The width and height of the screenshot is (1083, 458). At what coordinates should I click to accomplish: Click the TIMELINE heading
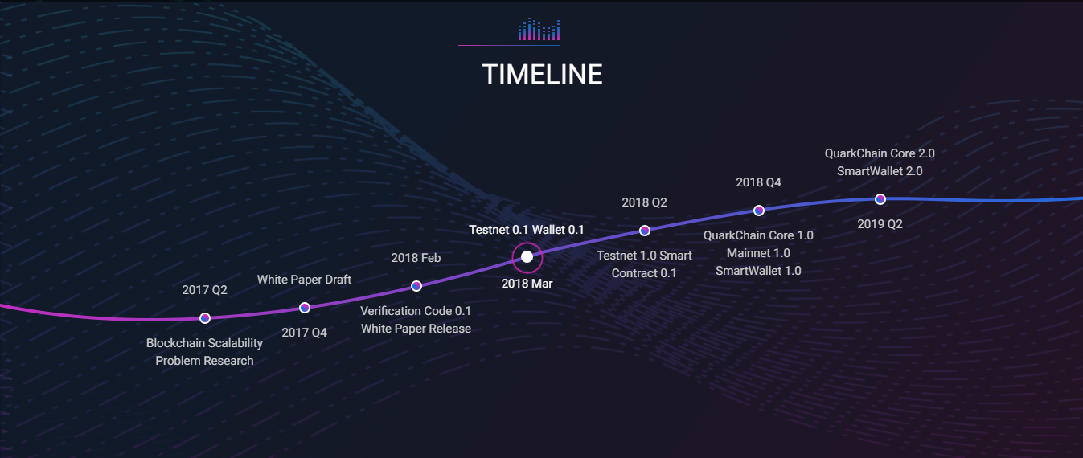coord(542,75)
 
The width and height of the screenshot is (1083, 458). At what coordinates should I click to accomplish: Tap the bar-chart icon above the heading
coord(539,30)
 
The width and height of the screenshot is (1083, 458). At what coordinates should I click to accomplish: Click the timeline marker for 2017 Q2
coord(205,318)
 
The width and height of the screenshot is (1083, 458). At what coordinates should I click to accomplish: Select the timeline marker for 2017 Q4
coord(305,308)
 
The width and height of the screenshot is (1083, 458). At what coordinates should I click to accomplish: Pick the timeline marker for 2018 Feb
coord(416,286)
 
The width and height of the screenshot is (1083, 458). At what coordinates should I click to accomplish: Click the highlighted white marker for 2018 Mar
coord(527,257)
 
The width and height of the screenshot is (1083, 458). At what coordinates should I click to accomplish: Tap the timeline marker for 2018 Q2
coord(645,231)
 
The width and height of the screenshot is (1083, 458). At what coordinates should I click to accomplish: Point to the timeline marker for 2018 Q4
coord(759,211)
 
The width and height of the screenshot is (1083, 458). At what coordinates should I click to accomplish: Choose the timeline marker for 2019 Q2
coord(880,199)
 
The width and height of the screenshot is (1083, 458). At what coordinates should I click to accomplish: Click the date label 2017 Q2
coord(204,290)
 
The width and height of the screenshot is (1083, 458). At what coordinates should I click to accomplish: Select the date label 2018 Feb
coord(416,258)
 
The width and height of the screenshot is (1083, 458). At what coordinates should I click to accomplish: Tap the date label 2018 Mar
coord(527,284)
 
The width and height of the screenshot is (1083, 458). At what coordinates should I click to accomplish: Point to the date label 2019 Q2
coord(880,224)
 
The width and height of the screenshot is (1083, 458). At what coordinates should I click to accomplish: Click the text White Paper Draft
coord(304,280)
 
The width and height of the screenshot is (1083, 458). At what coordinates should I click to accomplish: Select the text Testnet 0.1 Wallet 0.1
coord(527,230)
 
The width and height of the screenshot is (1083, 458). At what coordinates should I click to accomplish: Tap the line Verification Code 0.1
coord(416,311)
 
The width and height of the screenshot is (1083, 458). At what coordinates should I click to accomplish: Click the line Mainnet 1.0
coord(758,253)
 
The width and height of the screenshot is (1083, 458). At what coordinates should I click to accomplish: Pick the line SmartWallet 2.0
coord(880,171)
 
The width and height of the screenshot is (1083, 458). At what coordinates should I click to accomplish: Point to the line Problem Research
coord(204,361)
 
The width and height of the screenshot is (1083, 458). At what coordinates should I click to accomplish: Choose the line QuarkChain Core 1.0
coord(758,235)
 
